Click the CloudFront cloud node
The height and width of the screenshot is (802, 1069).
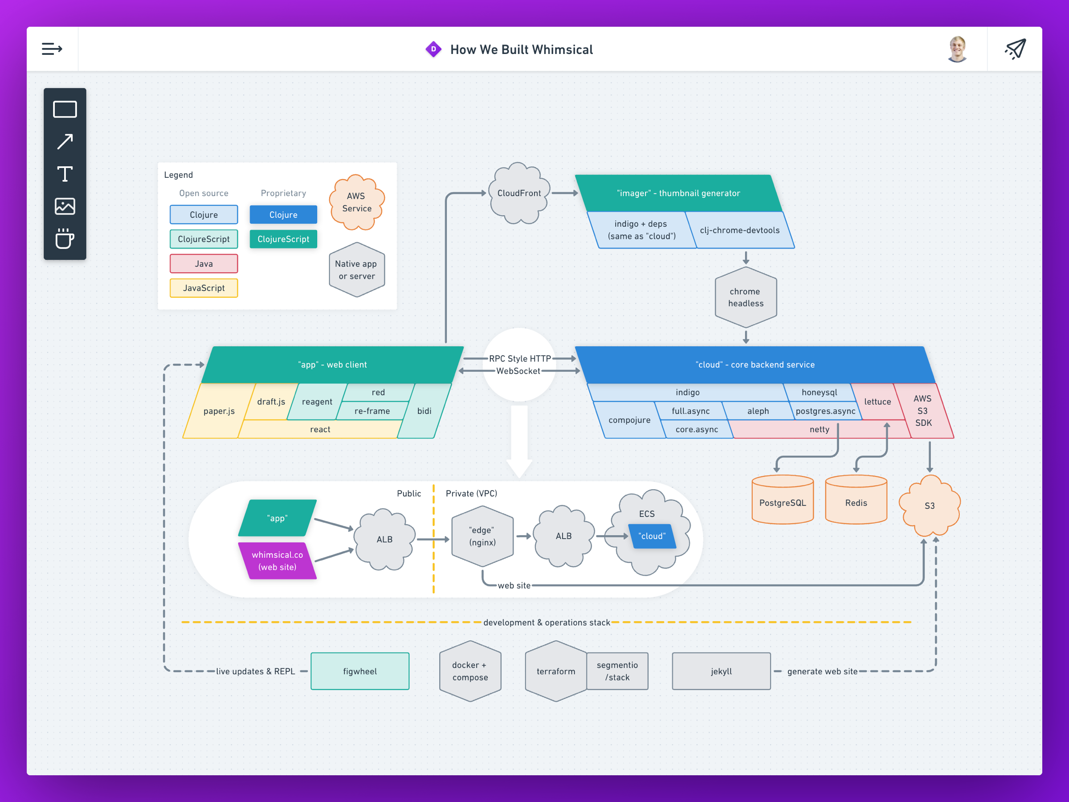[519, 193]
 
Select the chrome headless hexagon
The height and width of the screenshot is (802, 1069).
[746, 297]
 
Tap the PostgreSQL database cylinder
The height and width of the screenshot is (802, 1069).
[783, 499]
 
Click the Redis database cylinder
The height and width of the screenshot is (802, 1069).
[856, 499]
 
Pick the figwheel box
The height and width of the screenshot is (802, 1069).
[359, 671]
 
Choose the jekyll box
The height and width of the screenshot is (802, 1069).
[721, 671]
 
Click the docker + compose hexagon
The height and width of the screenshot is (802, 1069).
[470, 671]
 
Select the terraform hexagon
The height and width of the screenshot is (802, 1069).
[556, 671]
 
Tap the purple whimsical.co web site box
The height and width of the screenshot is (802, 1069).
[277, 561]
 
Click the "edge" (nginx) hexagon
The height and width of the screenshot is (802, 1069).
[482, 536]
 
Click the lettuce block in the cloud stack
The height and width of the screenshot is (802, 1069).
[877, 402]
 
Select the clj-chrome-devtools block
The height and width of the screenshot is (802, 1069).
[740, 230]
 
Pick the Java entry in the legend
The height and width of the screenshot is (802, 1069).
[204, 263]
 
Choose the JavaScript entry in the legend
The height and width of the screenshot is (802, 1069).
[204, 288]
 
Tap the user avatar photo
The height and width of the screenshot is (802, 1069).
[957, 49]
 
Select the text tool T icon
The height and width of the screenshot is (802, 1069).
[65, 174]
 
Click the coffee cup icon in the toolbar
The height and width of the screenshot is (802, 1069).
[65, 238]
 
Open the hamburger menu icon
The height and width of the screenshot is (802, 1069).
[52, 49]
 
